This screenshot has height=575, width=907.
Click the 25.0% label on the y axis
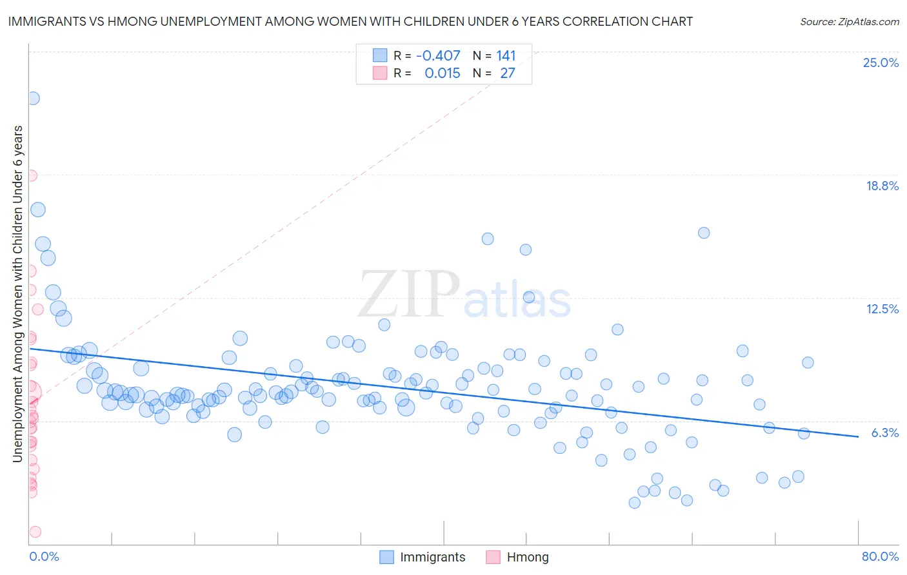click(x=881, y=63)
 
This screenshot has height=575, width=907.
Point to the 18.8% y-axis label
click(x=882, y=186)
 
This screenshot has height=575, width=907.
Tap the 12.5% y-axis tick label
click(x=882, y=309)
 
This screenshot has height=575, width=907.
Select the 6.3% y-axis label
click(x=884, y=433)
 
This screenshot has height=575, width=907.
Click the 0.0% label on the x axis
click(x=44, y=556)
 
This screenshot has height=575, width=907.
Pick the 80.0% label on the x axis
click(x=880, y=556)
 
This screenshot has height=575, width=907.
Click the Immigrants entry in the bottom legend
click(x=432, y=557)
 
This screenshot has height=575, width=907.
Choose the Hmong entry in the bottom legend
click(x=527, y=557)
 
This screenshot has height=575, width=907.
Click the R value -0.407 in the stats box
click(x=438, y=56)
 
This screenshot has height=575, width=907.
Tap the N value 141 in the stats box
click(x=506, y=56)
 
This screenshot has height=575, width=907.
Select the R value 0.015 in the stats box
click(x=442, y=73)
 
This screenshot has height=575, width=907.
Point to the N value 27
click(x=508, y=73)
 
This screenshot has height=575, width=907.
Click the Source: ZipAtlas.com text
click(x=849, y=22)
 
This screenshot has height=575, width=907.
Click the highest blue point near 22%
click(x=33, y=98)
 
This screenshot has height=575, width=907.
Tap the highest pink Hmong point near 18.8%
click(x=30, y=175)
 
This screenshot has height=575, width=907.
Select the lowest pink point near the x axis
click(x=35, y=532)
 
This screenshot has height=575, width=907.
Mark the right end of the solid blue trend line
click(x=858, y=436)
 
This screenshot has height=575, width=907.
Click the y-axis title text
click(x=18, y=294)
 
